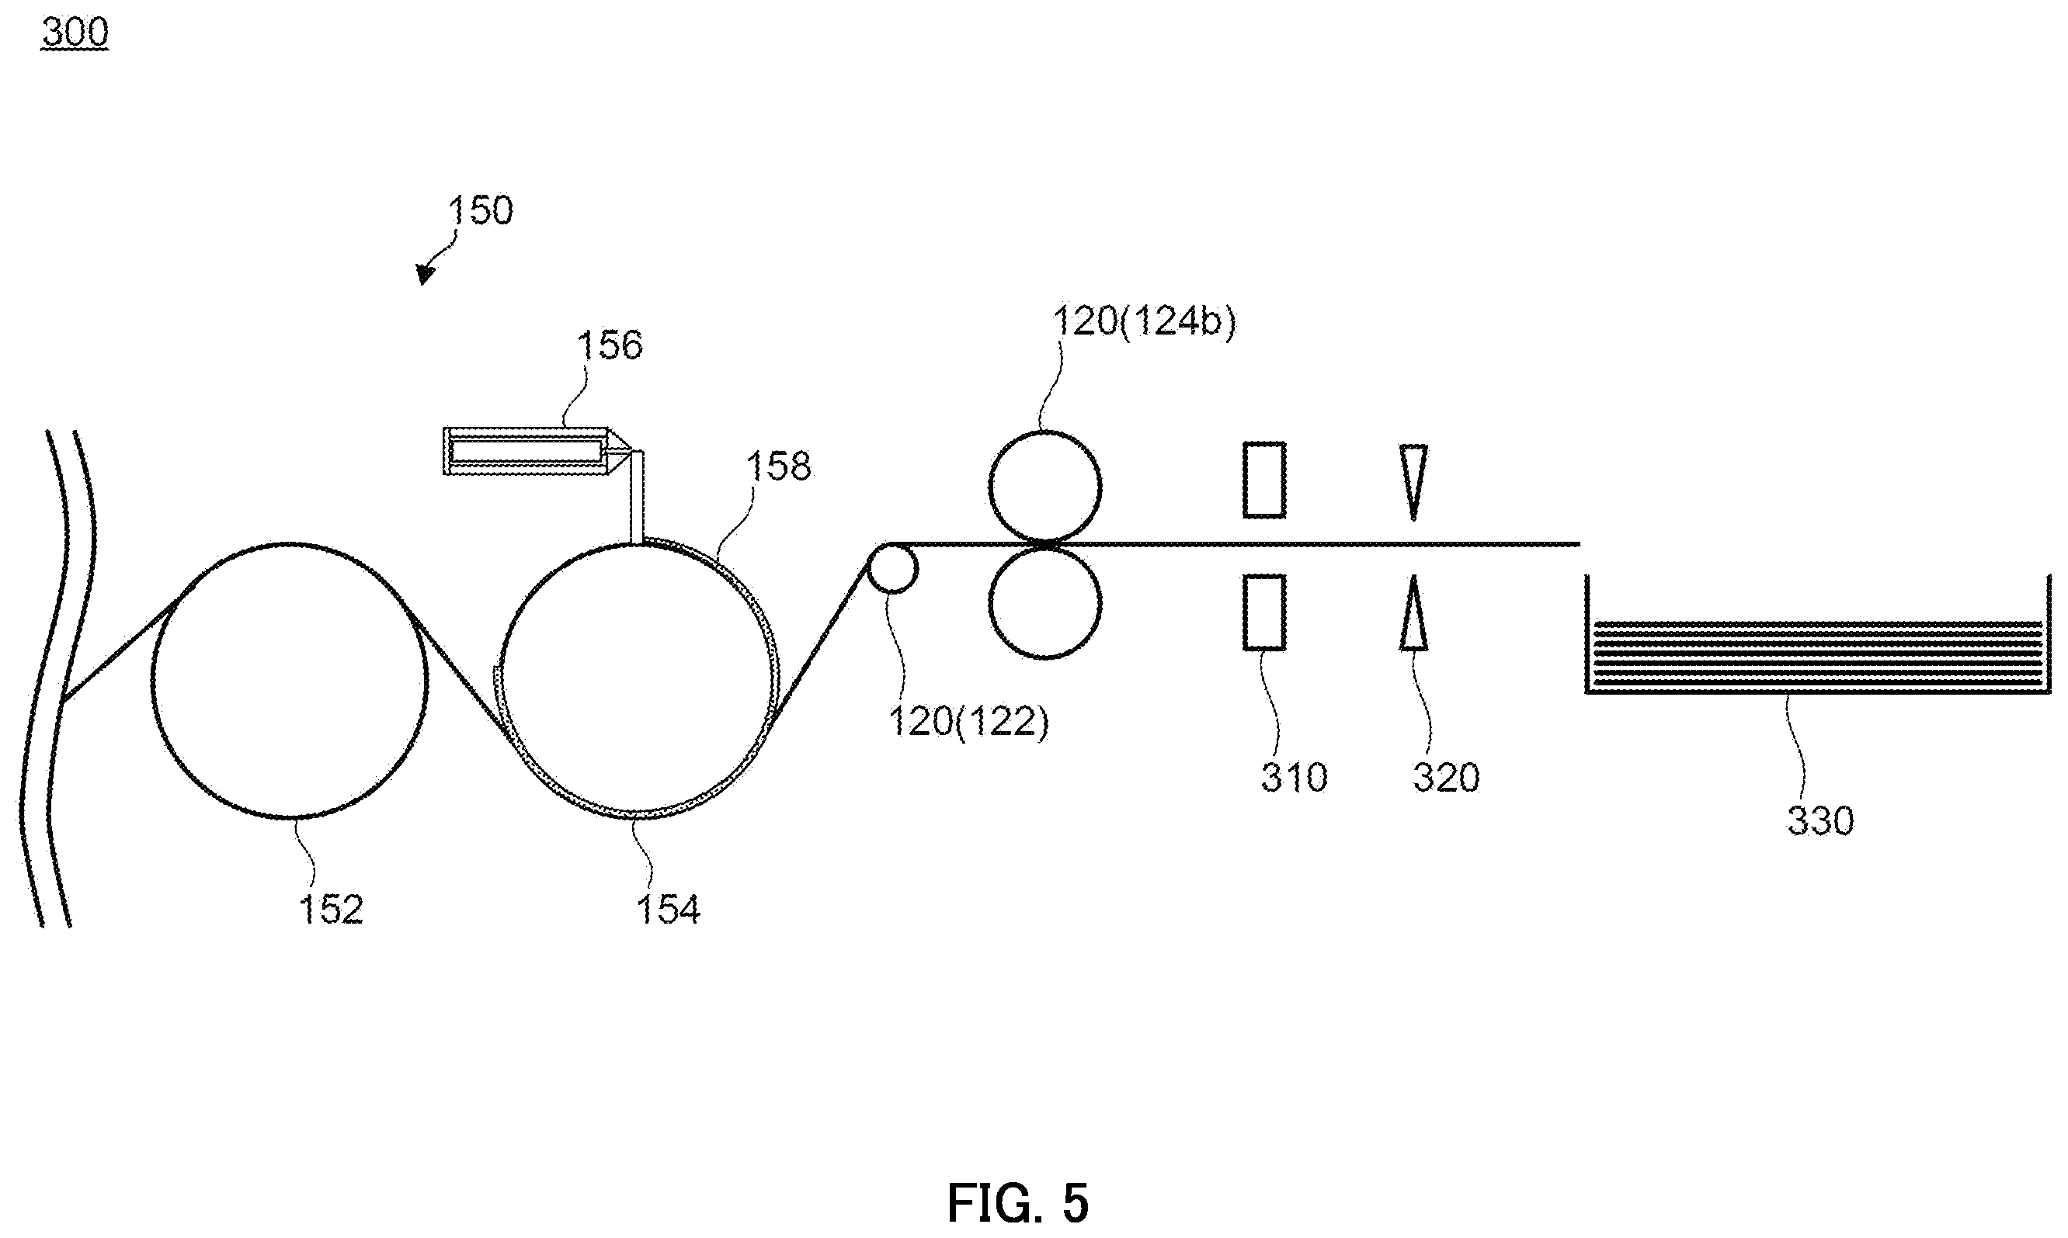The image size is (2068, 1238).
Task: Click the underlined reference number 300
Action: (x=75, y=32)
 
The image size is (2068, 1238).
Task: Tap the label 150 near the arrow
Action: (x=481, y=210)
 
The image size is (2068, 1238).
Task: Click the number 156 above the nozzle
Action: (x=610, y=345)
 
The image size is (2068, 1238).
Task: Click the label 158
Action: (x=778, y=466)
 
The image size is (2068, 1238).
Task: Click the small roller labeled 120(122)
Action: (x=892, y=569)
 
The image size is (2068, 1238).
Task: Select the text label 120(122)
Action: (x=968, y=722)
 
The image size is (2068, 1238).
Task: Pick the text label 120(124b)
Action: (x=1144, y=321)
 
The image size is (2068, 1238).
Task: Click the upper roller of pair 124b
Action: (x=1044, y=487)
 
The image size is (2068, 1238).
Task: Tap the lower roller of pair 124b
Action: (x=1044, y=602)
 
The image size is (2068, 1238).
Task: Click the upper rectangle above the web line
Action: (x=1264, y=480)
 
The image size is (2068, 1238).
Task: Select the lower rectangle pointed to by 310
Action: (x=1264, y=612)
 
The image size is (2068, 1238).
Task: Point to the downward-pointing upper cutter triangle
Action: (x=1413, y=482)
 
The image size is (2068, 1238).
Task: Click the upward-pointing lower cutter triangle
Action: (x=1413, y=613)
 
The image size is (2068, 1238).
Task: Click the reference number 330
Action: (x=1820, y=821)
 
